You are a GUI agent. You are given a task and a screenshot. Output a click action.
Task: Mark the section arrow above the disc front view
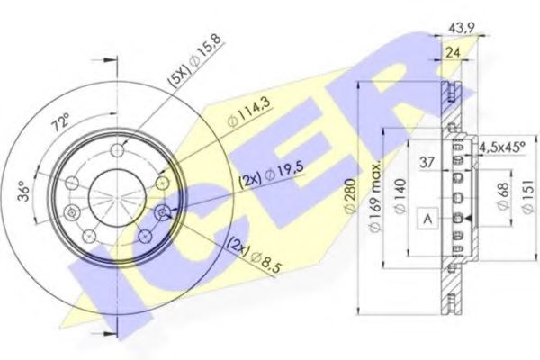110,62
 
